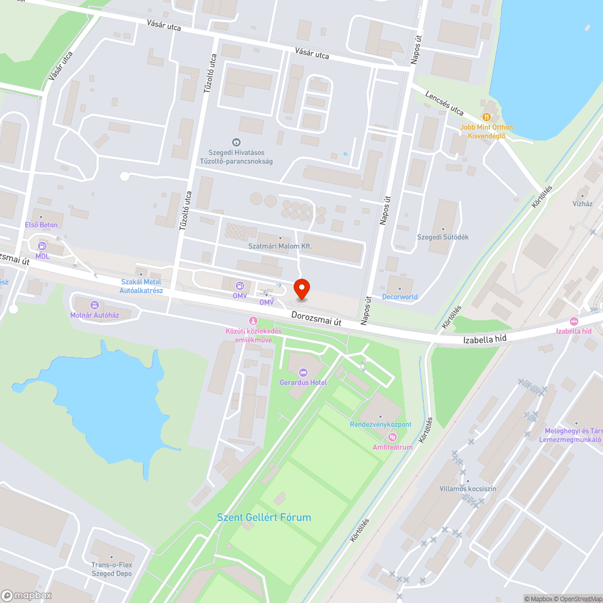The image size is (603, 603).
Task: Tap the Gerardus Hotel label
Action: click(303, 382)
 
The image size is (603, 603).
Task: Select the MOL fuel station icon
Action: click(42, 246)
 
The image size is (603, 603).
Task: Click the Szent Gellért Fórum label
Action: click(264, 517)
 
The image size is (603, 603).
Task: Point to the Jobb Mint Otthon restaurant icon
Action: click(486, 116)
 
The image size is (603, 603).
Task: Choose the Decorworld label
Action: click(400, 297)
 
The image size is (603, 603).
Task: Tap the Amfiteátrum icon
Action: click(393, 437)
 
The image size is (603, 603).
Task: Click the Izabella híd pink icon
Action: click(573, 321)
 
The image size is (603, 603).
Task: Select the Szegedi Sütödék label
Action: click(443, 237)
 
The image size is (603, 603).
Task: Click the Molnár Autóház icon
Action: click(93, 305)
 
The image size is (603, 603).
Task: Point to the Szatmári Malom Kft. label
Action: click(280, 246)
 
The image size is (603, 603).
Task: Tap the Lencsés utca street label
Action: click(444, 103)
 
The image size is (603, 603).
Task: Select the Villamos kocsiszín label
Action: click(467, 488)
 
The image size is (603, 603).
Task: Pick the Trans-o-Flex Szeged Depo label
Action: click(112, 569)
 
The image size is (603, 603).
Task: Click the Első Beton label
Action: click(41, 225)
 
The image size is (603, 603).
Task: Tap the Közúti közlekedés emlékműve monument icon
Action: click(253, 320)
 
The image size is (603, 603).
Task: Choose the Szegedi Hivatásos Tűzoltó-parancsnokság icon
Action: click(236, 143)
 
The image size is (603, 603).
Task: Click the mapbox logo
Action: click(27, 595)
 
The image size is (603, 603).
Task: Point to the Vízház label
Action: click(582, 203)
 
